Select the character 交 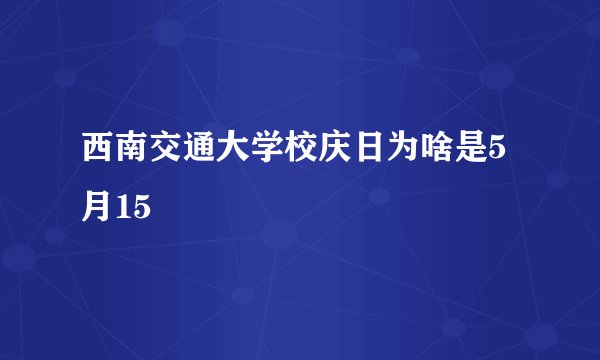tap(171, 153)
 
